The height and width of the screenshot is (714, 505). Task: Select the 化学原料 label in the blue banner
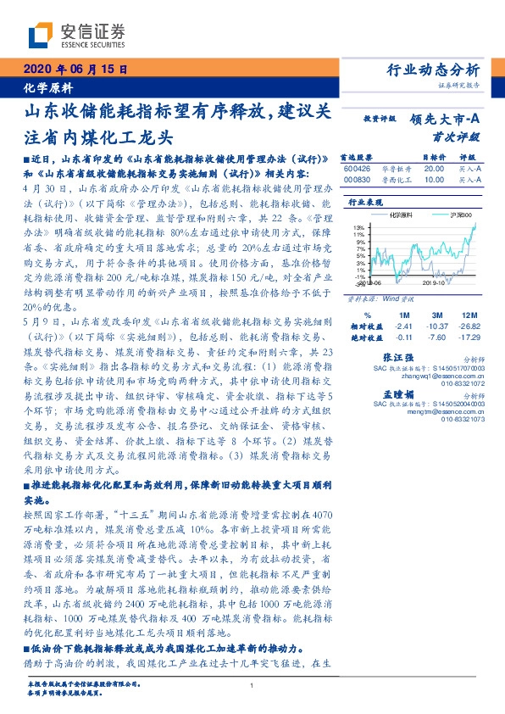pos(47,87)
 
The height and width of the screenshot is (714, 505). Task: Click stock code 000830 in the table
pos(357,180)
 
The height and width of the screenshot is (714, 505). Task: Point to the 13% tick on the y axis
pos(360,227)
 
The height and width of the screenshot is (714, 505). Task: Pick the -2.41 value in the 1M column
pos(403,326)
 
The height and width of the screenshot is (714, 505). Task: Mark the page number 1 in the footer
pos(252,685)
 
